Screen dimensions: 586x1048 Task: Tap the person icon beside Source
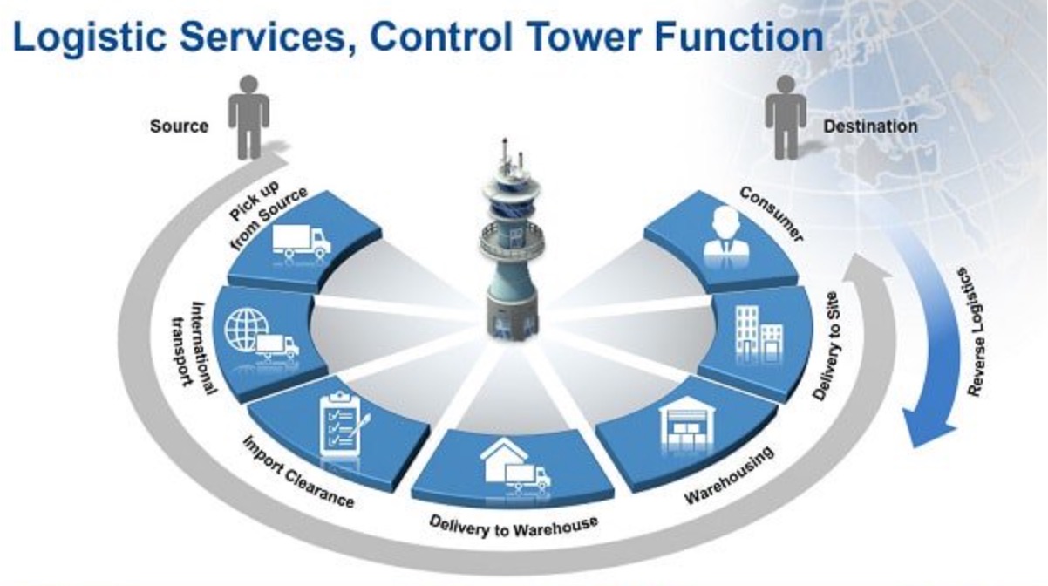pyautogui.click(x=248, y=116)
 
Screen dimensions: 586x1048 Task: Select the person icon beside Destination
pyautogui.click(x=785, y=116)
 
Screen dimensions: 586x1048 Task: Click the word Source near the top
pyautogui.click(x=180, y=126)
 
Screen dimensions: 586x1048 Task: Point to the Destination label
pyautogui.click(x=870, y=126)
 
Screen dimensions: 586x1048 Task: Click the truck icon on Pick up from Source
pyautogui.click(x=301, y=241)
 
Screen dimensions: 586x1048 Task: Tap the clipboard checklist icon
pyautogui.click(x=342, y=423)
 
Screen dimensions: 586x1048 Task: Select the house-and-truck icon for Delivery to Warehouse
pyautogui.click(x=515, y=466)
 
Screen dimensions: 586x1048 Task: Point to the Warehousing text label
pyautogui.click(x=730, y=475)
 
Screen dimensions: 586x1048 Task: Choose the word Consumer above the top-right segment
pyautogui.click(x=772, y=213)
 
